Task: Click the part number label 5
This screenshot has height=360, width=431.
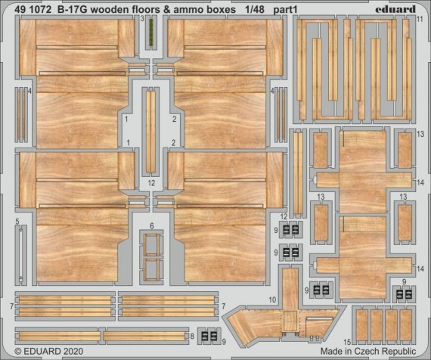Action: pos(17,221)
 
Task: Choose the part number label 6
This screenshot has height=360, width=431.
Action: pos(151,226)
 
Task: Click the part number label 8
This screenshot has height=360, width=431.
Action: pos(192,335)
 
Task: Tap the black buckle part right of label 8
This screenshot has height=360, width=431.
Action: pos(209,336)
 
